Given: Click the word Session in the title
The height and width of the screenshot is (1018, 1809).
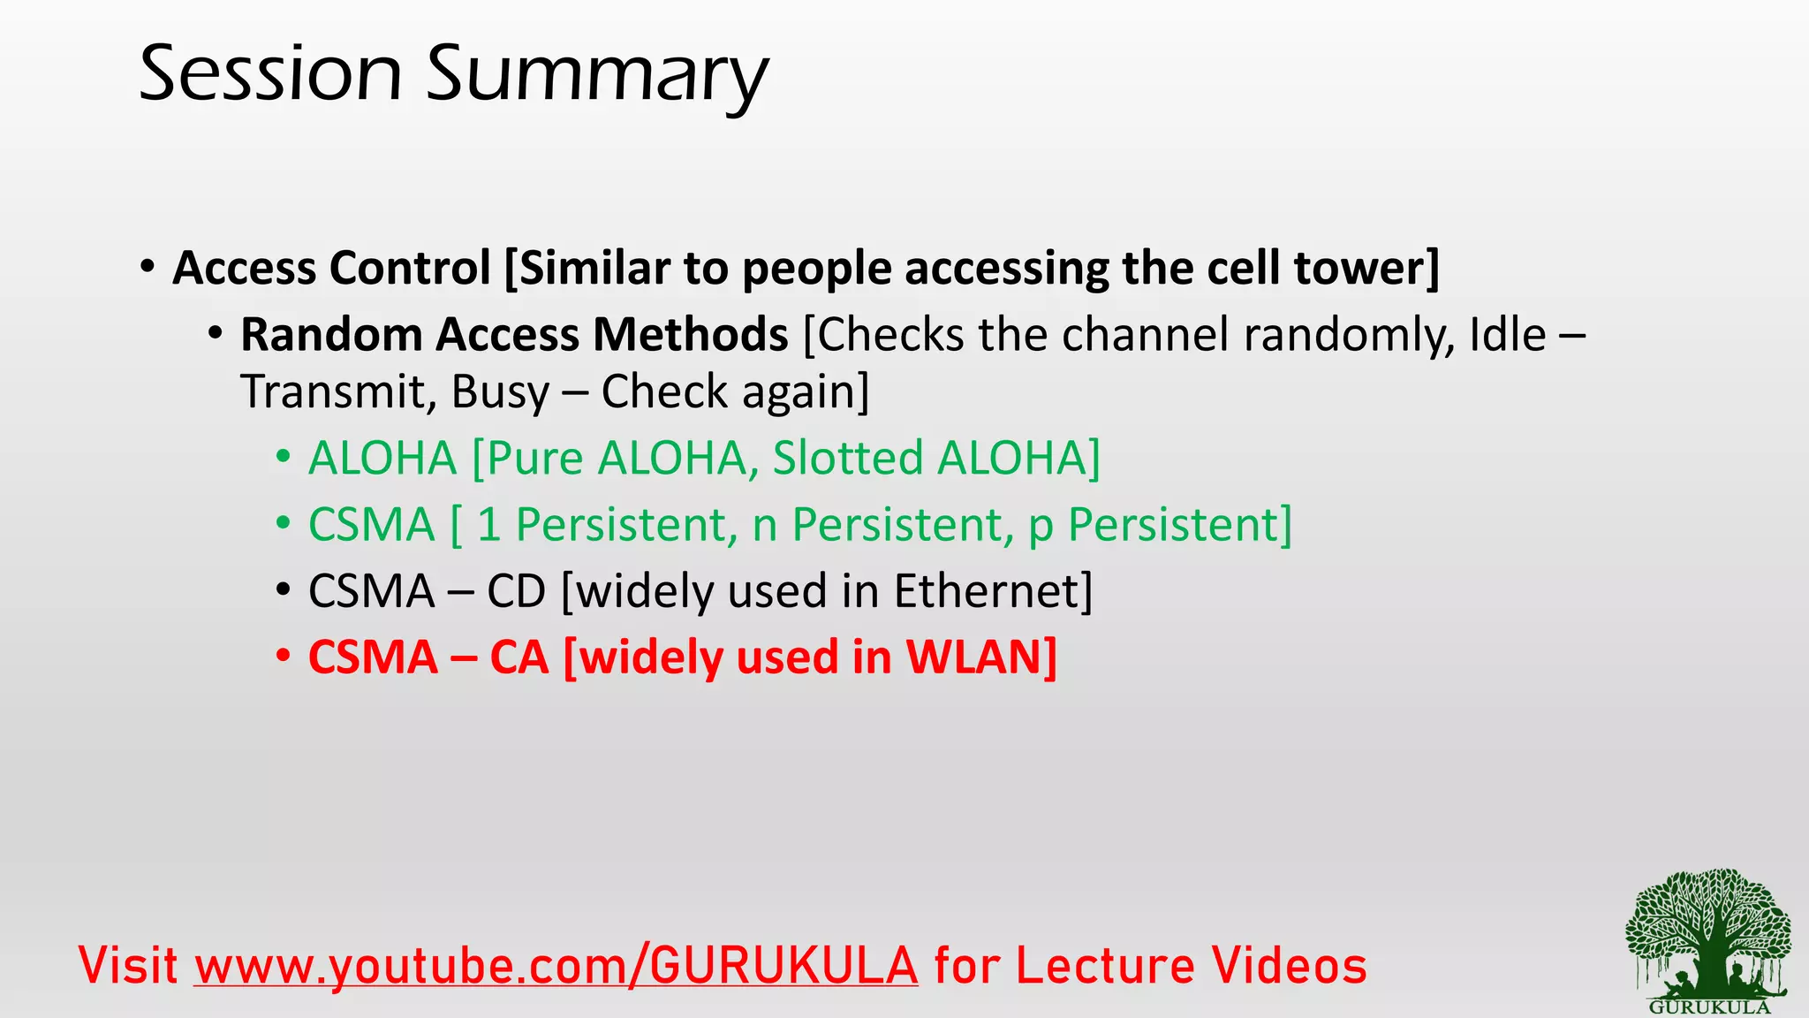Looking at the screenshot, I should coord(270,74).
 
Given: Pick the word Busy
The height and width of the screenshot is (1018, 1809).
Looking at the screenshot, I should coord(500,393).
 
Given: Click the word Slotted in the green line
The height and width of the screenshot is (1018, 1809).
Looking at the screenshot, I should coord(847,458).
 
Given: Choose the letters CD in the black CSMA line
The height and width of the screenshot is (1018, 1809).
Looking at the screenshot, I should coord(517,591).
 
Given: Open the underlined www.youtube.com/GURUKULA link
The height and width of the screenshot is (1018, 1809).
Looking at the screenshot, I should coord(556,965).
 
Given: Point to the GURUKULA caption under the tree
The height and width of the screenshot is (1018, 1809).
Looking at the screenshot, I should coord(1709,1007).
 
